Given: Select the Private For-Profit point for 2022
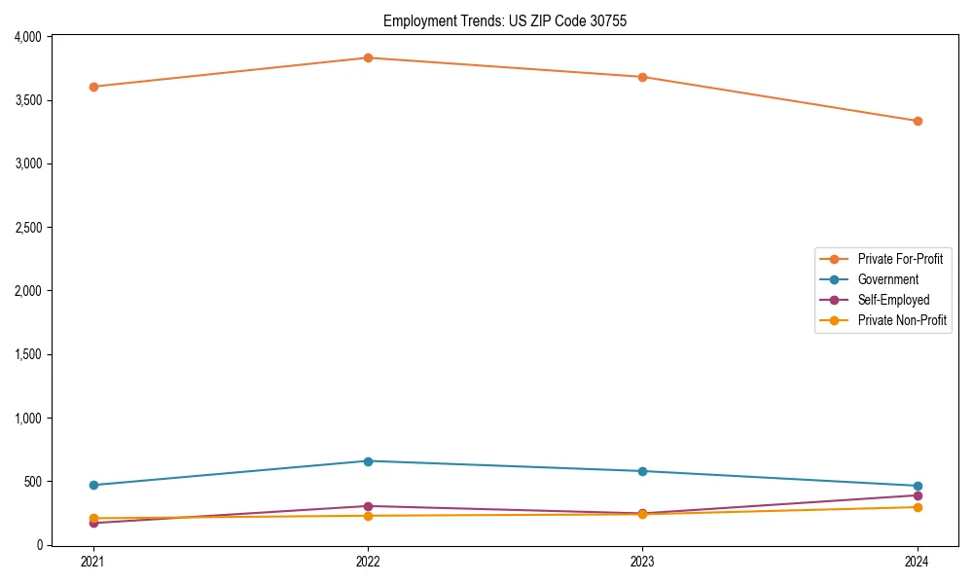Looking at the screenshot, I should (x=368, y=57).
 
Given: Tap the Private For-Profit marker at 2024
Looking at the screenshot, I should (x=918, y=121).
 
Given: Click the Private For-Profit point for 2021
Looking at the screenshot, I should (x=93, y=87).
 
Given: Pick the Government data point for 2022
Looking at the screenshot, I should (x=368, y=461).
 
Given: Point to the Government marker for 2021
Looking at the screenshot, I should (x=93, y=485).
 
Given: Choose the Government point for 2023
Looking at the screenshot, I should (x=642, y=471).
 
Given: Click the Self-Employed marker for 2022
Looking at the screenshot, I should (x=368, y=506).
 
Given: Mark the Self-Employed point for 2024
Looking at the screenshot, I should (x=918, y=495).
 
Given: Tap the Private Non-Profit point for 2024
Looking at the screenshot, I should (x=918, y=507).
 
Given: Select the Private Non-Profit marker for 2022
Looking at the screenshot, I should (x=368, y=516).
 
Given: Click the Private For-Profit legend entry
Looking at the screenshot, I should (x=899, y=259).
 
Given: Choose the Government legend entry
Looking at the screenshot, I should (x=887, y=279).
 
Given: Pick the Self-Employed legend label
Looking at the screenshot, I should (x=893, y=300).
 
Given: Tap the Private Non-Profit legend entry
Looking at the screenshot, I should (x=902, y=320).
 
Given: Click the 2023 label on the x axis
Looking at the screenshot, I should (x=642, y=562).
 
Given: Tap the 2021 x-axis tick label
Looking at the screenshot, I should (x=93, y=562).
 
